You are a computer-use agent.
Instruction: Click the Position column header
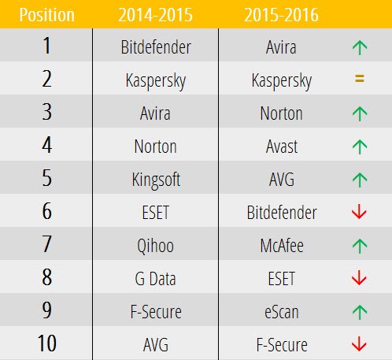(46, 15)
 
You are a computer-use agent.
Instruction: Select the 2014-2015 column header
(156, 15)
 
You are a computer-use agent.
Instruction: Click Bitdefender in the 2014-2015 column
(156, 47)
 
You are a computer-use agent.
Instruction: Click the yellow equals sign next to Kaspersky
(360, 80)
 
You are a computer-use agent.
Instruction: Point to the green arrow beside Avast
(360, 147)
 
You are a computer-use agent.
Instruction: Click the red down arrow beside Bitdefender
(360, 213)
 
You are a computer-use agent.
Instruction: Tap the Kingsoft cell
(156, 180)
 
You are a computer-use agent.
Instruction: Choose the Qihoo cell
(156, 246)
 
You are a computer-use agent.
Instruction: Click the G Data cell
(156, 279)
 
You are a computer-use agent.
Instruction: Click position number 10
(46, 344)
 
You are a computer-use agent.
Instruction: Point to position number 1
(46, 47)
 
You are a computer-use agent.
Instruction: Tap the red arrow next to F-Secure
(360, 344)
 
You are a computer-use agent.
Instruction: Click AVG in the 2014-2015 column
(156, 345)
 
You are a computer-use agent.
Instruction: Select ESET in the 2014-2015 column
(156, 213)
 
